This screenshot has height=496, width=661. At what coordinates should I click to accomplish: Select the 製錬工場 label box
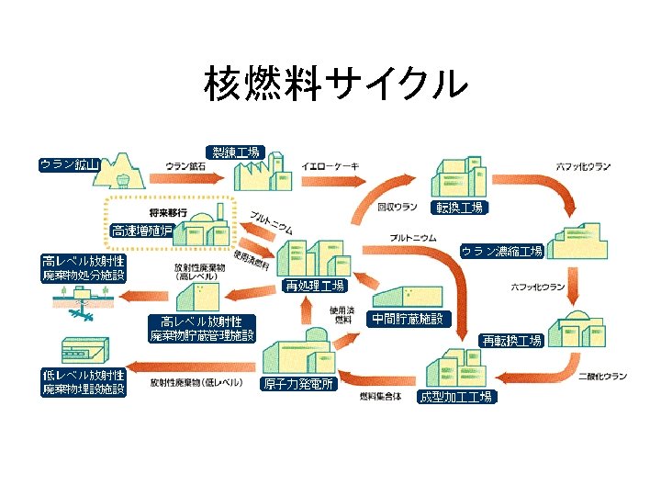(x=236, y=152)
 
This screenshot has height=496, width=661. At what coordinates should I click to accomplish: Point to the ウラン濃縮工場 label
(x=501, y=250)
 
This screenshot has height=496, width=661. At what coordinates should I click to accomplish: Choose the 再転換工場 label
(x=512, y=341)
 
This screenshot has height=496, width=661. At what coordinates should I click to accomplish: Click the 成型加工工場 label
(x=456, y=397)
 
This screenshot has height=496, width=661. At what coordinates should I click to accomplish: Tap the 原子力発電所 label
(x=298, y=384)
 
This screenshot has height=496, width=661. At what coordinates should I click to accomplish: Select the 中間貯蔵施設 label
(x=408, y=319)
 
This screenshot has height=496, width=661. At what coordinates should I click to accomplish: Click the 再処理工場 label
(x=314, y=286)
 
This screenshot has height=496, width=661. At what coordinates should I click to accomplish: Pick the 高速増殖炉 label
(x=141, y=231)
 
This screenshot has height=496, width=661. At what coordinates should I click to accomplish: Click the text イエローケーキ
(x=330, y=165)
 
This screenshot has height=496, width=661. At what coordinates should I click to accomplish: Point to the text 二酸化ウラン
(x=603, y=376)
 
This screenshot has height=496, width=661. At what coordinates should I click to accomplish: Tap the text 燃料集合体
(x=380, y=396)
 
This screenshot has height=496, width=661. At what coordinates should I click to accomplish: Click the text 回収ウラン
(x=398, y=208)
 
